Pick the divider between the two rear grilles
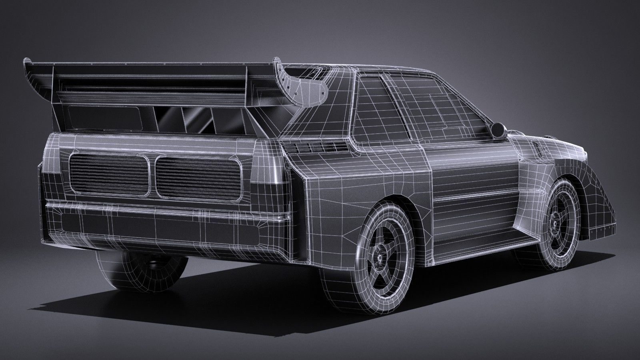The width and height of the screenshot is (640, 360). pos(152,176)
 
